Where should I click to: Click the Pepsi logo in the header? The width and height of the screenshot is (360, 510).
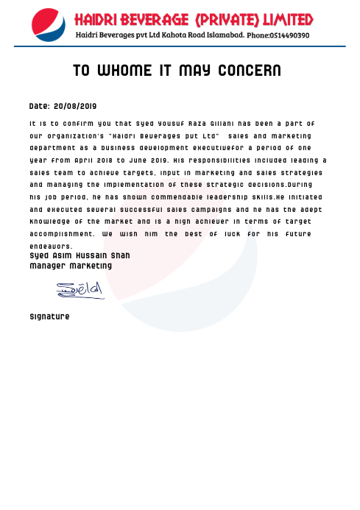(x=48, y=24)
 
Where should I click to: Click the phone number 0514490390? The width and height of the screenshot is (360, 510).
(x=289, y=35)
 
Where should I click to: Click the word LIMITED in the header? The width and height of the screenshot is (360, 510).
(x=282, y=18)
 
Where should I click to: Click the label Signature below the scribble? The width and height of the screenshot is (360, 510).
(x=49, y=316)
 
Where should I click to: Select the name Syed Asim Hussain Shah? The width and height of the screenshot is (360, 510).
(x=80, y=255)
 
